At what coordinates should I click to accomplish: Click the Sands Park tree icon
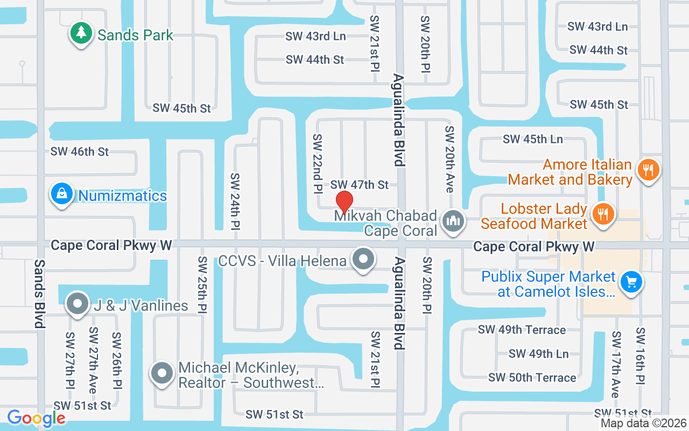pyautogui.click(x=81, y=33)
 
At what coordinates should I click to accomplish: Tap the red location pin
pyautogui.click(x=344, y=203)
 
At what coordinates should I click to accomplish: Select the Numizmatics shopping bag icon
pyautogui.click(x=62, y=194)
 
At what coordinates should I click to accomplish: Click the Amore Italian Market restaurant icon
pyautogui.click(x=648, y=170)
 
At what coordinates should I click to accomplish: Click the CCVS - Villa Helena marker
pyautogui.click(x=363, y=260)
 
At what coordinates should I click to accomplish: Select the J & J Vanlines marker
pyautogui.click(x=78, y=304)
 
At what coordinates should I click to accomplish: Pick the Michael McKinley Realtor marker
pyautogui.click(x=161, y=372)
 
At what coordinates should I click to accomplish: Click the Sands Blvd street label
pyautogui.click(x=40, y=293)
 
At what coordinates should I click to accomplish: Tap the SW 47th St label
pyautogui.click(x=360, y=185)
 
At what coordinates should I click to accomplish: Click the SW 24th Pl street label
pyautogui.click(x=235, y=201)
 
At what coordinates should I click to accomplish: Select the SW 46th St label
pyautogui.click(x=80, y=152)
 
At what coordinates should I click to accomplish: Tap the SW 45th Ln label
pyautogui.click(x=533, y=139)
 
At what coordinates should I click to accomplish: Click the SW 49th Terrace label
pyautogui.click(x=522, y=330)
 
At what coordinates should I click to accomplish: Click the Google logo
pyautogui.click(x=37, y=418)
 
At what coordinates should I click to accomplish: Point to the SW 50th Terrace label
pyautogui.click(x=532, y=378)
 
